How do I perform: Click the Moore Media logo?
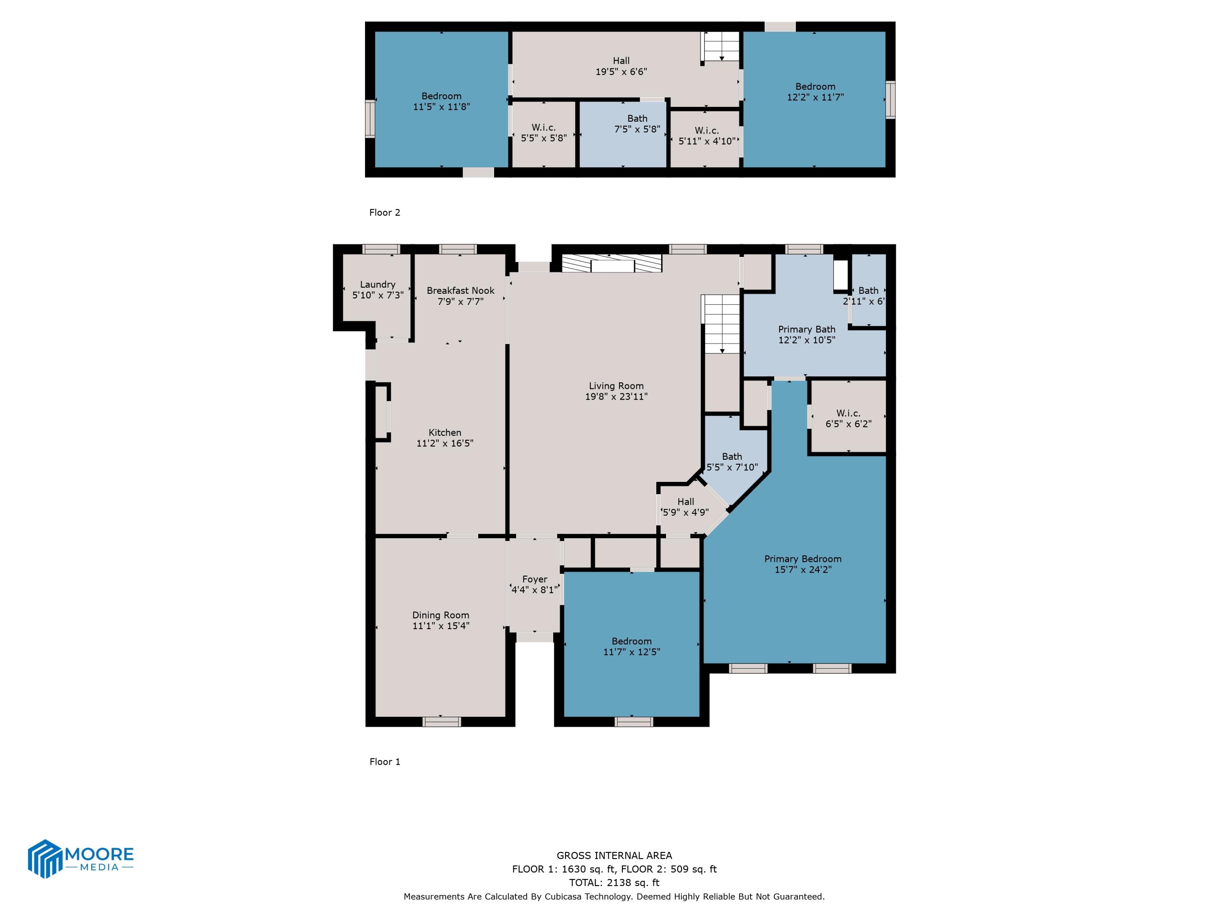81,858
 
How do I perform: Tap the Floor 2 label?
385,212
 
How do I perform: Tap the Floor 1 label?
385,761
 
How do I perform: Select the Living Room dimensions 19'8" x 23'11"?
616,396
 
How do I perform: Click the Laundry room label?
378,284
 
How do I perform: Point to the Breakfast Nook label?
460,291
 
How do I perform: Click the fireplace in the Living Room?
612,263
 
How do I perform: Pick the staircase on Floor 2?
721,47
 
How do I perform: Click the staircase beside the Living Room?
721,324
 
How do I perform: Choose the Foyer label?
535,579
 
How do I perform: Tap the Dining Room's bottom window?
441,721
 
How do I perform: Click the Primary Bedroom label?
802,559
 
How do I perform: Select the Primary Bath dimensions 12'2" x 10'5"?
807,340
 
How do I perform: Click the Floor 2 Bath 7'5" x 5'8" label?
637,124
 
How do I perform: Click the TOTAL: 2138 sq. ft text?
614,883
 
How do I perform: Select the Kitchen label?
444,432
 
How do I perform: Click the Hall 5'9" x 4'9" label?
685,507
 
